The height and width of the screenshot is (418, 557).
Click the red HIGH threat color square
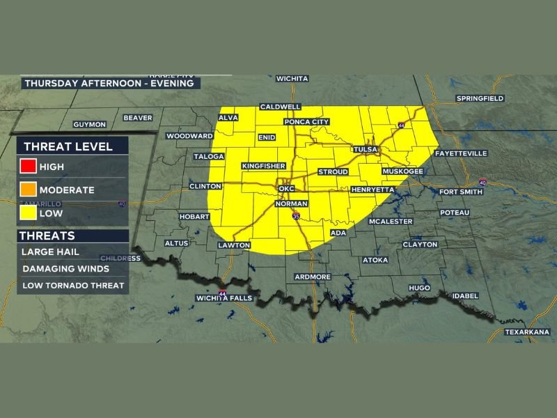coord(29,167)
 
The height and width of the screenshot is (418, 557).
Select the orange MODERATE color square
coord(29,189)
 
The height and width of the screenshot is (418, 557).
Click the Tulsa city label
coord(365,150)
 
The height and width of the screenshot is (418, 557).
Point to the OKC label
coord(287,189)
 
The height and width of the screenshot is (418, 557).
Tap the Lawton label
coord(233,246)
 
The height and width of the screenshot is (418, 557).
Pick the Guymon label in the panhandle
coord(90,125)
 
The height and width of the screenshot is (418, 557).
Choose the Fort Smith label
coord(459,192)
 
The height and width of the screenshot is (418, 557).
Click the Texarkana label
coord(527,332)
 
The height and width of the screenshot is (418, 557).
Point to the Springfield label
coord(480,99)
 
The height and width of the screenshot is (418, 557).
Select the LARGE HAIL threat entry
coord(49,251)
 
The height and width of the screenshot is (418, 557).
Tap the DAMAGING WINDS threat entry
coord(65,268)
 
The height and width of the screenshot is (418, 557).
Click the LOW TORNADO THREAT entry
coord(73,285)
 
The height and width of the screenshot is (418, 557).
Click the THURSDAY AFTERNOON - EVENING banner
coord(111,83)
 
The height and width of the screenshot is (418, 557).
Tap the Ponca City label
coord(306,122)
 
